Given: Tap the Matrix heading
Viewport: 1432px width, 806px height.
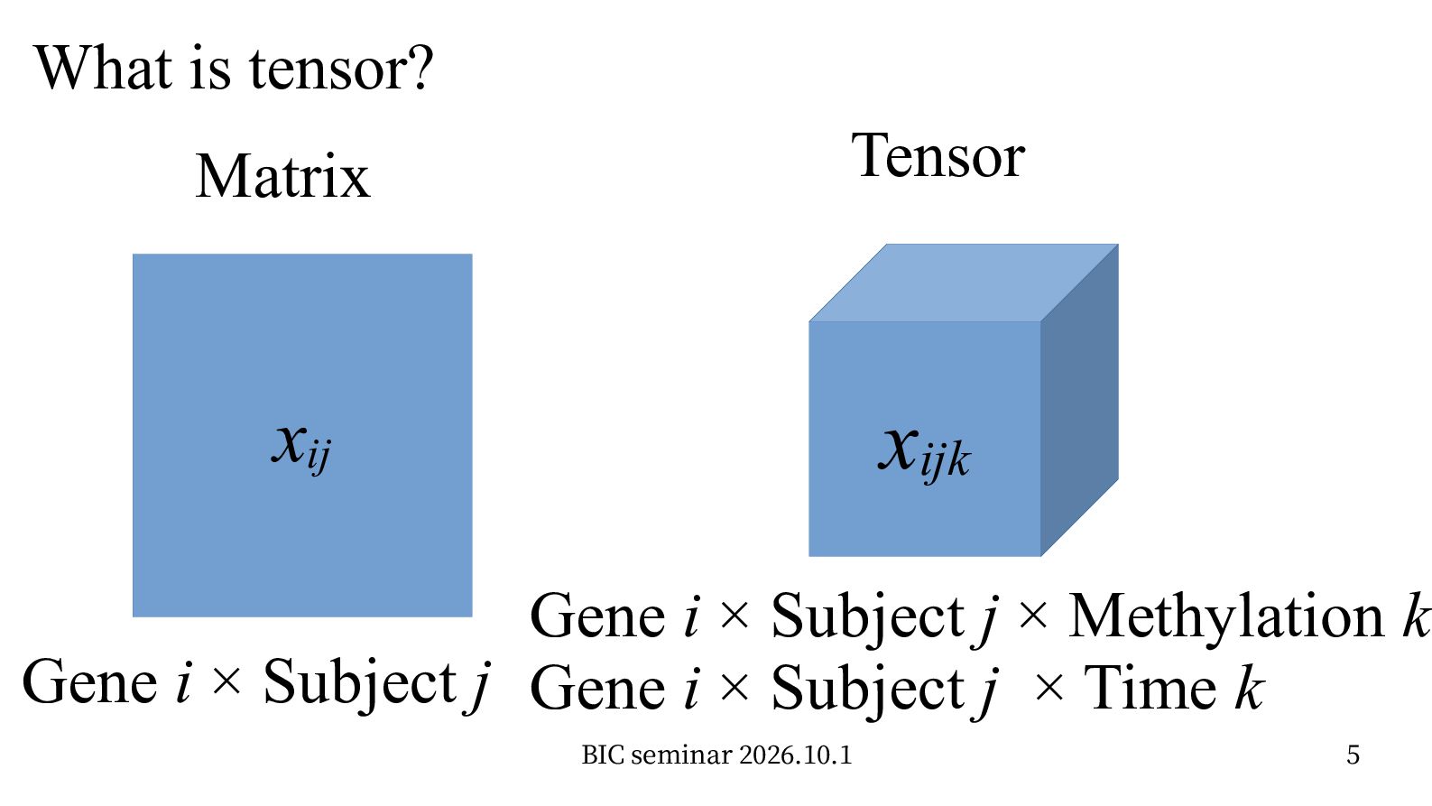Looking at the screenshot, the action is click(282, 176).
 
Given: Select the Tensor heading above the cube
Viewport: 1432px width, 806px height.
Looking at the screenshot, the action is click(938, 155).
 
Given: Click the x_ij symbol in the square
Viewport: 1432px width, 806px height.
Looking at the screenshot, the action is click(301, 448).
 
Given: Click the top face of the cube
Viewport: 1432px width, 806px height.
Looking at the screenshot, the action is click(964, 283).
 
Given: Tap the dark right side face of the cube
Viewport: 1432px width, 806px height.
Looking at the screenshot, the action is click(1080, 400).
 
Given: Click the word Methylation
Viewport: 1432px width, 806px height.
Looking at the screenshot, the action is click(1226, 616).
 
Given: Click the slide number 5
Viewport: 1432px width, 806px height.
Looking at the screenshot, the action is click(1353, 755).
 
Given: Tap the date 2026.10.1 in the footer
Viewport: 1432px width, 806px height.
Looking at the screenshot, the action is click(796, 755).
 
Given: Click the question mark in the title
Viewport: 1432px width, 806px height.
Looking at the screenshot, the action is click(420, 68).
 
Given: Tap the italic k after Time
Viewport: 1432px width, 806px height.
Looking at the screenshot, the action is click(1250, 687).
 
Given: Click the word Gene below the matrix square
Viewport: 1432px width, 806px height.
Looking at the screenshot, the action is click(89, 683).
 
